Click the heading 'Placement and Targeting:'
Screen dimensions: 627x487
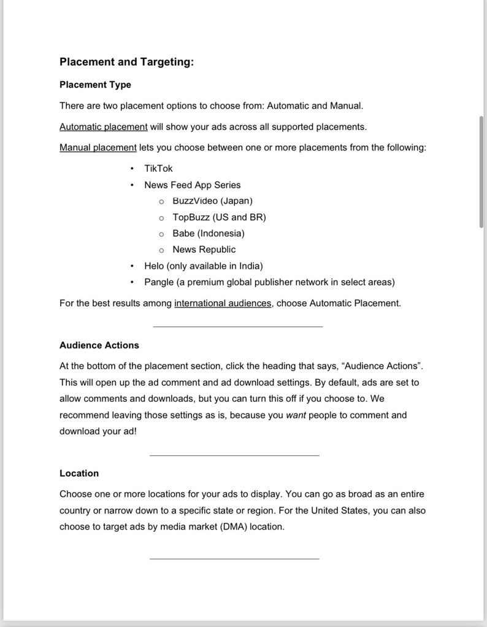(x=126, y=62)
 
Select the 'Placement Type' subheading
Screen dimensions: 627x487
(x=95, y=85)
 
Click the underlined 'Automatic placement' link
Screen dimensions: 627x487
(x=103, y=127)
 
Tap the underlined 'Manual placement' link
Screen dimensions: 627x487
(x=98, y=148)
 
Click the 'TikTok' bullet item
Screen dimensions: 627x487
(x=158, y=169)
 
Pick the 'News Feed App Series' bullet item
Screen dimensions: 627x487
(x=192, y=185)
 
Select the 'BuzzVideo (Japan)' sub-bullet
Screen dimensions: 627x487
(x=212, y=201)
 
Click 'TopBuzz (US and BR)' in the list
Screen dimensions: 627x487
(x=219, y=217)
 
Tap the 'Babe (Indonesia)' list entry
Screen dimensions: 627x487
(x=208, y=234)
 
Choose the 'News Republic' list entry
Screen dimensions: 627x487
(x=204, y=250)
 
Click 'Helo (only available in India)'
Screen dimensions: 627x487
(x=203, y=266)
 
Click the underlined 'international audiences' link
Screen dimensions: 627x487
(x=223, y=303)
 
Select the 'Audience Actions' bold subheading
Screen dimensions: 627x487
(x=99, y=345)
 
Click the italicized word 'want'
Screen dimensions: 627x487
(x=296, y=415)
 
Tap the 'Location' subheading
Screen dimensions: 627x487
(x=79, y=474)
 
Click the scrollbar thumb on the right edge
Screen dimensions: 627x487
(x=481, y=172)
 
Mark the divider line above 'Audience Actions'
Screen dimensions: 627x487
(x=237, y=326)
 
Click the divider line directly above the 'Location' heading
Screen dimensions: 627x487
(x=234, y=455)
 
